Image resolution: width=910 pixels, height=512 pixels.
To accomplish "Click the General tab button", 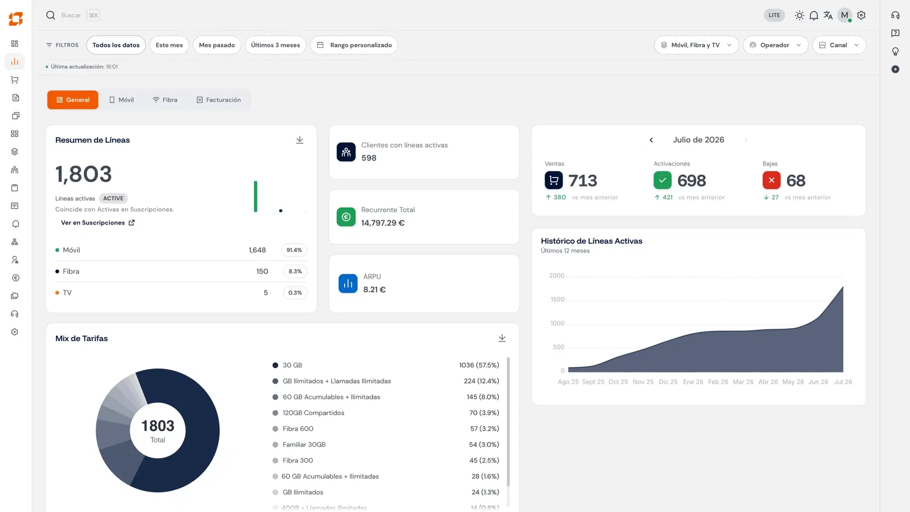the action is [x=73, y=100].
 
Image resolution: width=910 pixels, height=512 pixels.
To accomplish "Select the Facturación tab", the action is [x=218, y=100].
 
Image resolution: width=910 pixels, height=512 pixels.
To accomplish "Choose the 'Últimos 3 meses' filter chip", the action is [x=275, y=45].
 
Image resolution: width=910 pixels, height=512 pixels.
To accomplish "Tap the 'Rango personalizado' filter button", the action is [x=354, y=45].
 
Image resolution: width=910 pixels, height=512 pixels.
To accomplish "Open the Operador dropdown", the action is [x=775, y=45].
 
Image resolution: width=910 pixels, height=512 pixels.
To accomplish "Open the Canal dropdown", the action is [x=839, y=45].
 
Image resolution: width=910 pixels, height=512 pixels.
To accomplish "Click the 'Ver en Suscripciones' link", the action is [x=98, y=223].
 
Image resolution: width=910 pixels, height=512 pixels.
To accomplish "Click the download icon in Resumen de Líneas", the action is [x=300, y=140].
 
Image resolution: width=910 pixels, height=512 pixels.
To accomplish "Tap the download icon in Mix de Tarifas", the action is [x=502, y=338].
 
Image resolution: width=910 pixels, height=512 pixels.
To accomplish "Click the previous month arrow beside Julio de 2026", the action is [x=651, y=140].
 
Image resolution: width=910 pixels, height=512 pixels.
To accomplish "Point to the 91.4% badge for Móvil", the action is [x=294, y=250].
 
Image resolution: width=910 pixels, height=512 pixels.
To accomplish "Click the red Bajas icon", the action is [x=772, y=180].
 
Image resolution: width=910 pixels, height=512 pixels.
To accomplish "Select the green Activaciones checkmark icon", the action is [x=663, y=180].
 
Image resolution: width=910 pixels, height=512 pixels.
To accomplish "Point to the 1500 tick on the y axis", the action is [x=557, y=299].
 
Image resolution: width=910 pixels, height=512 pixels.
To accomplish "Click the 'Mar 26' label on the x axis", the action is [x=743, y=382].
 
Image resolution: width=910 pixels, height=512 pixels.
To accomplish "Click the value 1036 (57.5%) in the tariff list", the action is [x=479, y=365].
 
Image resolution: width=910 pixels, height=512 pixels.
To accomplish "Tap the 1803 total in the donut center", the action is [x=158, y=426].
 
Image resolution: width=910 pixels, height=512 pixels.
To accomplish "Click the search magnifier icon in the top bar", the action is [x=51, y=15].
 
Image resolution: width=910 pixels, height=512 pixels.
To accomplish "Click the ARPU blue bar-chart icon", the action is [x=348, y=284].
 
